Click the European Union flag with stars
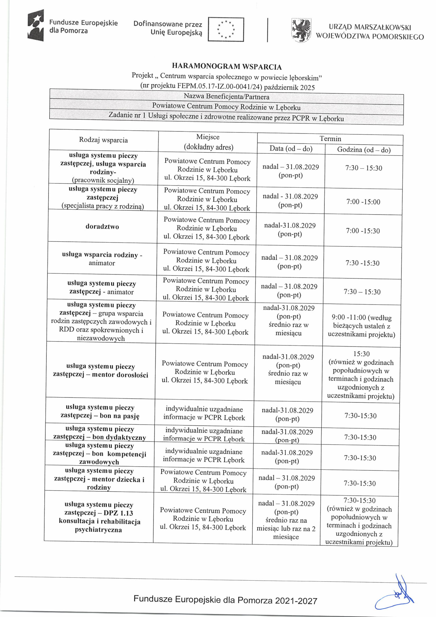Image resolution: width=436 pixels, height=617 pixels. pos(226,29)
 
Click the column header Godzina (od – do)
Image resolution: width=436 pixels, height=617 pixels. pos(364,150)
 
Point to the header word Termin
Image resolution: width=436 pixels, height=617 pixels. pos(330,139)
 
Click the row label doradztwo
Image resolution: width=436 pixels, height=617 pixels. pos(102,227)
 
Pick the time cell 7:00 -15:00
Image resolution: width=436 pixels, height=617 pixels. pos(363,202)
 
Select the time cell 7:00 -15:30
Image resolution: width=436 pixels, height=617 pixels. pos(363,231)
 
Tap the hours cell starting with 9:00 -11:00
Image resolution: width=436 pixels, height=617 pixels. pos(361,326)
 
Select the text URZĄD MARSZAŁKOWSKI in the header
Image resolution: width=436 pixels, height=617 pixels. pos(370,27)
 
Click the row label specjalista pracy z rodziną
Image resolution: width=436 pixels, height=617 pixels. pos(103,206)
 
